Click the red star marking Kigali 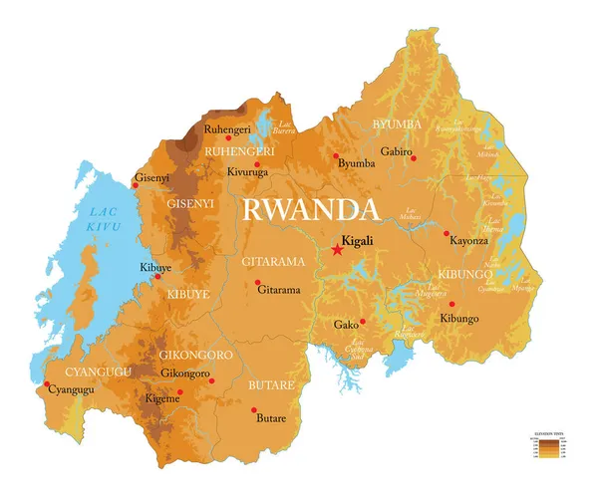(337, 251)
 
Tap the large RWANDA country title (311, 210)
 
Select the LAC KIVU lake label (104, 221)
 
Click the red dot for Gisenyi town (136, 184)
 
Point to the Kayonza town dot (447, 234)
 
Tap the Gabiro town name (396, 151)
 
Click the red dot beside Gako (363, 321)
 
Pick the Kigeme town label (163, 397)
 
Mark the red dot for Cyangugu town (46, 383)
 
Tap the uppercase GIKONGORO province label (195, 355)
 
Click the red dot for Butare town (254, 410)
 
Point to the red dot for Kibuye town (156, 276)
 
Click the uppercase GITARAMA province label (271, 262)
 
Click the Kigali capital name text (357, 240)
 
